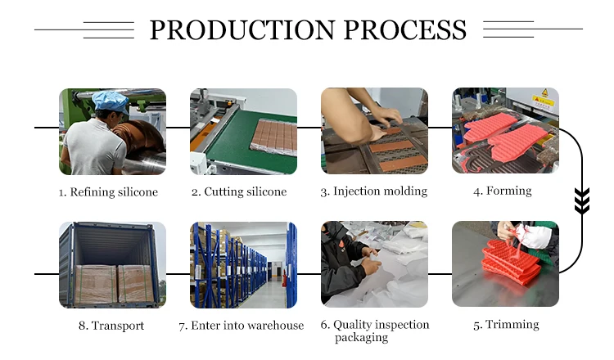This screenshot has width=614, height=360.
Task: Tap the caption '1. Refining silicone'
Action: pyautogui.click(x=108, y=192)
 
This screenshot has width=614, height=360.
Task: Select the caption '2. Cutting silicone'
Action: pyautogui.click(x=239, y=192)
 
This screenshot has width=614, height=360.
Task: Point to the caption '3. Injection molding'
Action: pyautogui.click(x=374, y=191)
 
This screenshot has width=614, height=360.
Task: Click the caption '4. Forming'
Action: pyautogui.click(x=502, y=191)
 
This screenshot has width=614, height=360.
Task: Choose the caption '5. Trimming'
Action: pyautogui.click(x=506, y=325)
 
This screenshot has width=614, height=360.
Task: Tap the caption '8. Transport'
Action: pyautogui.click(x=111, y=326)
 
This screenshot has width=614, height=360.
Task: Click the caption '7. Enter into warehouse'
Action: pyautogui.click(x=242, y=326)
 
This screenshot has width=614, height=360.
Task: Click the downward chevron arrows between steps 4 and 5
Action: pyautogui.click(x=582, y=200)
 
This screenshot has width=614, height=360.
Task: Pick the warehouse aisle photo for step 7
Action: pyautogui.click(x=243, y=265)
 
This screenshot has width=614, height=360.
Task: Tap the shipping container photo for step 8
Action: pyautogui.click(x=112, y=265)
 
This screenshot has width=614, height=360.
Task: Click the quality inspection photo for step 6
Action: pyautogui.click(x=374, y=265)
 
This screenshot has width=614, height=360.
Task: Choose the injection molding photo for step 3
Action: pyautogui.click(x=374, y=131)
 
